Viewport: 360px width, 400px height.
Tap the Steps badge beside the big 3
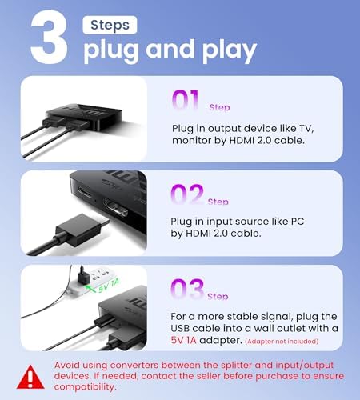pos(110,25)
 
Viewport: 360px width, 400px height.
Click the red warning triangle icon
pos(33,374)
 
